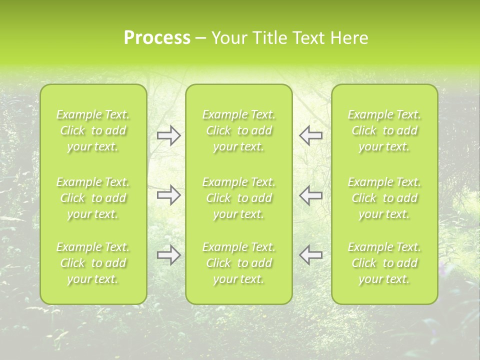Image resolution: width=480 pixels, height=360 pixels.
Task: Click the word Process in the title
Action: [157, 38]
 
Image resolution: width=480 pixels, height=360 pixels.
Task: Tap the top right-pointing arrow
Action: [168, 135]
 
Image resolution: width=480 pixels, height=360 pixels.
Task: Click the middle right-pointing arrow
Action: [168, 195]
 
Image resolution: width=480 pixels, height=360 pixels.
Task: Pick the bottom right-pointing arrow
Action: [168, 255]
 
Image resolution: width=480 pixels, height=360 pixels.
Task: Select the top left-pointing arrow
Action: [311, 135]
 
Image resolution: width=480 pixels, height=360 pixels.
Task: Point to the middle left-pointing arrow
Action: [311, 195]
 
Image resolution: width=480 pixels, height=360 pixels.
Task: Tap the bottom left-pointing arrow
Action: [311, 255]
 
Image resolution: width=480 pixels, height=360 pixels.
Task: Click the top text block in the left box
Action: [93, 130]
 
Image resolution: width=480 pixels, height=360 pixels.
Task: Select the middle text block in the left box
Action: [93, 198]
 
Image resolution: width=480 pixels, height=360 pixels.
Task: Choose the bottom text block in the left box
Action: [93, 263]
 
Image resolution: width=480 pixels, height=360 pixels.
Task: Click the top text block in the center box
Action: [239, 130]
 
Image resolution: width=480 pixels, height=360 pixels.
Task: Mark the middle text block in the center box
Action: [239, 198]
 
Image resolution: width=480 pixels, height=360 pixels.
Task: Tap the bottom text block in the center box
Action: [239, 263]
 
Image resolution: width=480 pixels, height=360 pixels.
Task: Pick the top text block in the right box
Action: [384, 130]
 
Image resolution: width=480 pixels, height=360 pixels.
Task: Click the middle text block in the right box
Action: [384, 198]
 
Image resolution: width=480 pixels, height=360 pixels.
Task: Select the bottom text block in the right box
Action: [384, 263]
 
